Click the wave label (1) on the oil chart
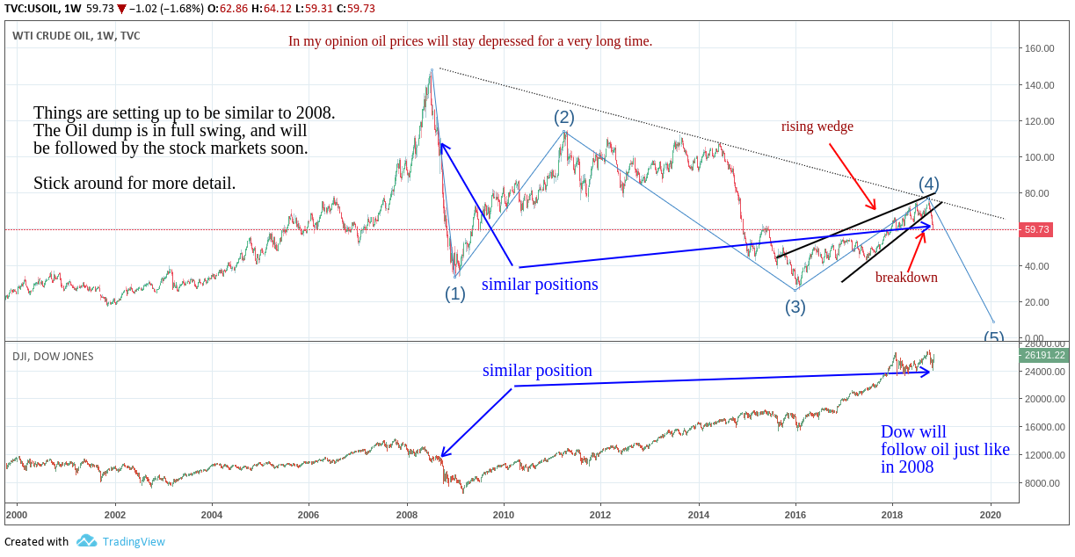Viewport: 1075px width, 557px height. [x=454, y=294]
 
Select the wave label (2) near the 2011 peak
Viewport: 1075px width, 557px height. [x=563, y=117]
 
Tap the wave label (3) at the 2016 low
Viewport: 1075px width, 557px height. [x=795, y=307]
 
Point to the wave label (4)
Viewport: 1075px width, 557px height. [x=929, y=184]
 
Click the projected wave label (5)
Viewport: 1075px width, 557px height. [x=993, y=337]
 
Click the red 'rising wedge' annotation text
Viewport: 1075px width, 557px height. [x=817, y=127]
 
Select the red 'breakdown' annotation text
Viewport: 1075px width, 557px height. [x=906, y=278]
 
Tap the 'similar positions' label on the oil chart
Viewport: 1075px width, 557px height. [x=540, y=285]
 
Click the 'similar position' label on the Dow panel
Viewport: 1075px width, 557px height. [x=537, y=371]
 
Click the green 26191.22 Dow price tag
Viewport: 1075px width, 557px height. [x=1043, y=356]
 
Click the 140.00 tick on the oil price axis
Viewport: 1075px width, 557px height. [x=1040, y=85]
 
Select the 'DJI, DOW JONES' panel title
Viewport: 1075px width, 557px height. [x=53, y=357]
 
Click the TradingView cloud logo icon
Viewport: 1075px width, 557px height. [x=86, y=541]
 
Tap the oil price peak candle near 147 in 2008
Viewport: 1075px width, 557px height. [x=432, y=70]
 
